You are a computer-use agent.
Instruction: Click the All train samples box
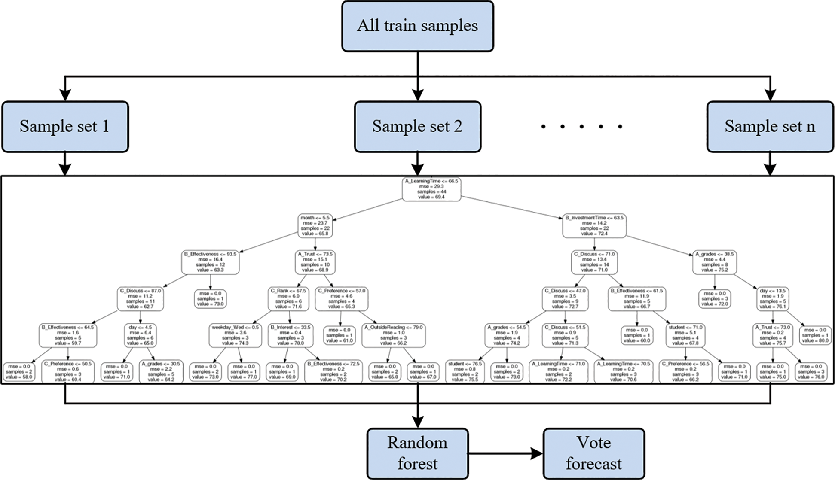[x=417, y=26]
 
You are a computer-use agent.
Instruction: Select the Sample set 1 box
[x=65, y=127]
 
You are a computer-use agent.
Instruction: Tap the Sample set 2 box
[x=417, y=127]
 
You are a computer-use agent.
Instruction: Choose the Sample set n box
[x=770, y=127]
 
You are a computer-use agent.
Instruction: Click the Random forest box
[x=417, y=453]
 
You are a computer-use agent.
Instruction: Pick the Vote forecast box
[x=593, y=453]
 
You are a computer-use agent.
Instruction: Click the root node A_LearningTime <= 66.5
[x=431, y=189]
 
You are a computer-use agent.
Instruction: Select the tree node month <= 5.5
[x=315, y=226]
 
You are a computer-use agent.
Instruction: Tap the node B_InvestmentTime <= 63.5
[x=594, y=226]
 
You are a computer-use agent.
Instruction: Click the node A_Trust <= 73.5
[x=315, y=262]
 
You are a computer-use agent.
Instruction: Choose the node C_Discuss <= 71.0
[x=594, y=262]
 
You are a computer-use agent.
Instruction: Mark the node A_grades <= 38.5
[x=714, y=262]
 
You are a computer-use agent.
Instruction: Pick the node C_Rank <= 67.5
[x=288, y=299]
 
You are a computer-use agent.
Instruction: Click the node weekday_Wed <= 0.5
[x=235, y=335]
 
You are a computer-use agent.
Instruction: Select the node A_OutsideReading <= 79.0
[x=394, y=335]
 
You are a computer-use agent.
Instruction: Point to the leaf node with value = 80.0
[x=814, y=335]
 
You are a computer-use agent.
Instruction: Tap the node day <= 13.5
[x=773, y=299]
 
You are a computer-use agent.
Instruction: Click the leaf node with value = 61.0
[x=339, y=335]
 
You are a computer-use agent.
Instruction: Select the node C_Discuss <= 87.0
[x=141, y=299]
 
